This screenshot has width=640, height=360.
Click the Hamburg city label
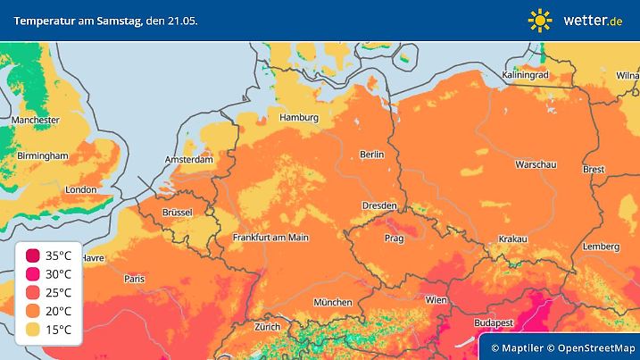[299, 117]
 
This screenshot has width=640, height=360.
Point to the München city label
[333, 302]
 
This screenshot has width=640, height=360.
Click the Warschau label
[536, 165]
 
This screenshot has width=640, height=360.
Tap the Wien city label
[436, 300]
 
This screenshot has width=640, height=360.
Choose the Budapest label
[492, 322]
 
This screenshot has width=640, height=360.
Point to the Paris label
[135, 279]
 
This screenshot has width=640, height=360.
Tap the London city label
[80, 189]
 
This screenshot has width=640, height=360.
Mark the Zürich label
[267, 327]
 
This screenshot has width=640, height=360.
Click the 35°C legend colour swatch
[33, 256]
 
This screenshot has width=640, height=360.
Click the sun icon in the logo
[540, 20]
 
